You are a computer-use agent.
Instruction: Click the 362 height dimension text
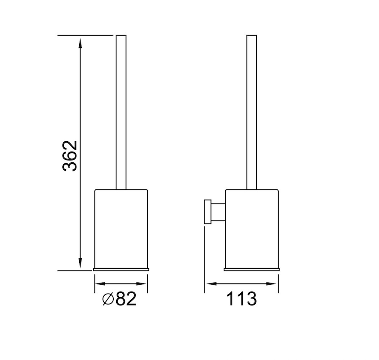70,156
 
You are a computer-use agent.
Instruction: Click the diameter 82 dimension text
119,299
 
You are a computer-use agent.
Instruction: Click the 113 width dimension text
241,299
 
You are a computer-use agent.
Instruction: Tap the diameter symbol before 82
108,299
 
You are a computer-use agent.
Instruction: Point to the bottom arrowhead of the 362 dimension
80,264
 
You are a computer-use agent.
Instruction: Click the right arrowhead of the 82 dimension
142,284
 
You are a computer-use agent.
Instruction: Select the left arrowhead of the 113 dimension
211,284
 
